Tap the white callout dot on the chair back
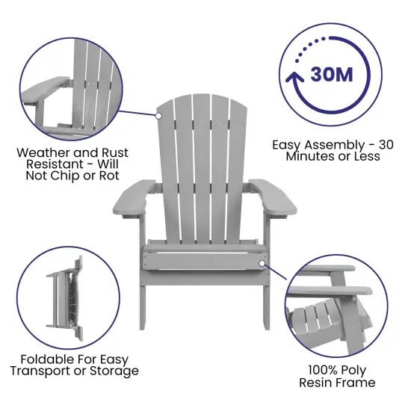159,116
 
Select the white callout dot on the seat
262,262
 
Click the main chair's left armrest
133,196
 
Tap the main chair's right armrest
272,196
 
